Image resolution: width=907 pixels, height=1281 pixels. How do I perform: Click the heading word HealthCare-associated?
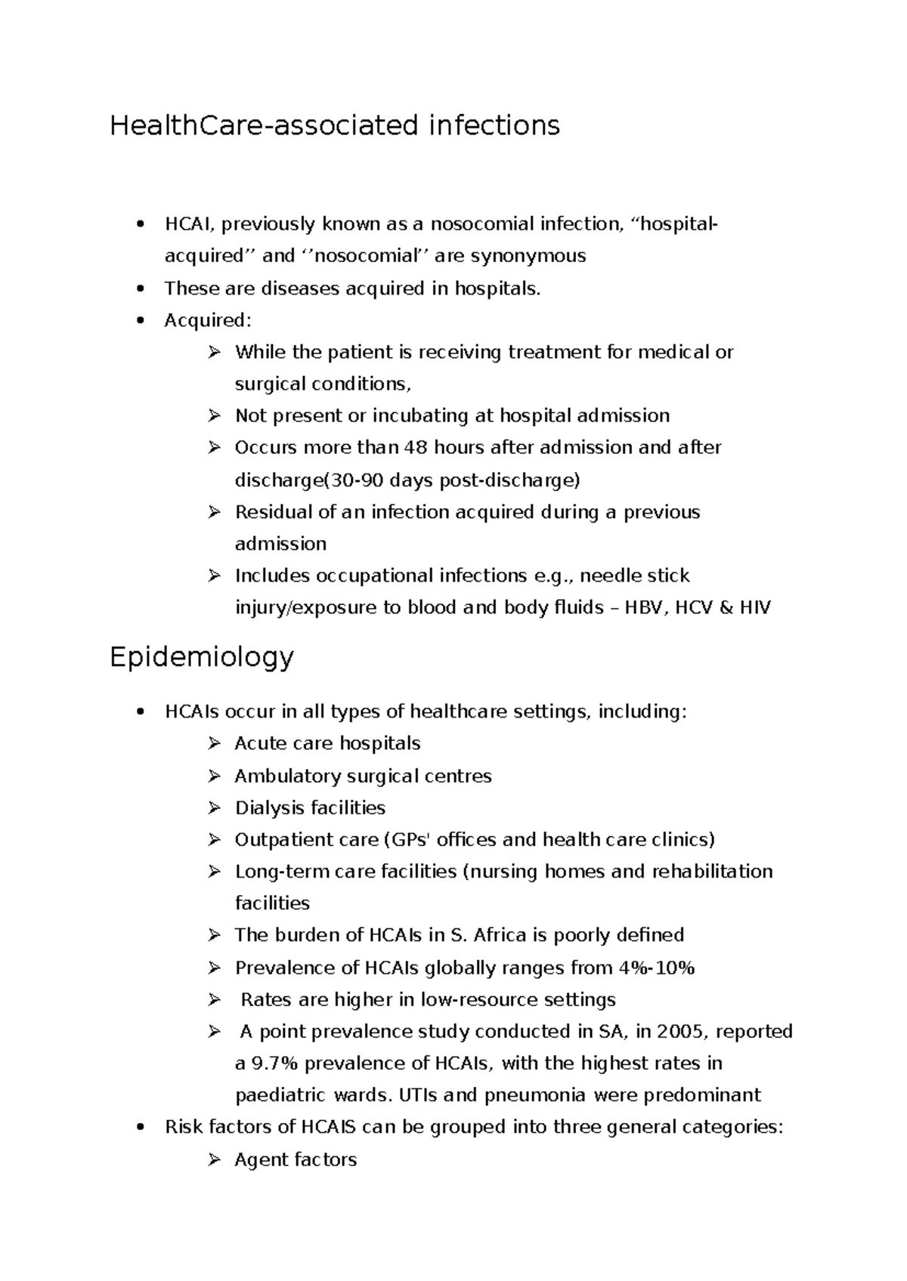point(264,125)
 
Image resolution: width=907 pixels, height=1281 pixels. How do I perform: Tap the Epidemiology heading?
point(201,658)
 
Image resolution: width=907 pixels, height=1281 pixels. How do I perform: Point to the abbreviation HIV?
point(754,608)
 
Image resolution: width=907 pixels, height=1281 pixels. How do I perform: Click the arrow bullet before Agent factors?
point(214,1159)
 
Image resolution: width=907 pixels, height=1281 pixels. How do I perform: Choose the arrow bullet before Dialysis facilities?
point(214,808)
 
